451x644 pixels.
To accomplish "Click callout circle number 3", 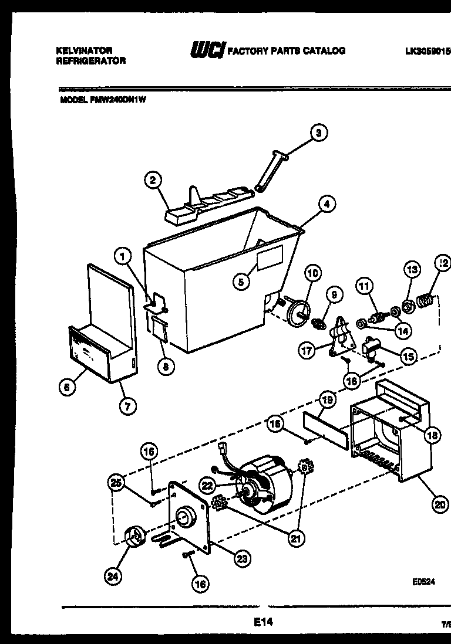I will (318, 133).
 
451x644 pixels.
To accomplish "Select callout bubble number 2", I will (153, 181).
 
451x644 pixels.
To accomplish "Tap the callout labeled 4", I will (327, 204).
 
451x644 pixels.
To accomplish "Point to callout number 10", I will (312, 273).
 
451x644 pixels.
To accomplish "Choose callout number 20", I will (439, 503).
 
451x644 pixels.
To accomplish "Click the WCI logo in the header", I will (207, 51).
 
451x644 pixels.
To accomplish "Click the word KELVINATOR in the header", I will (83, 51).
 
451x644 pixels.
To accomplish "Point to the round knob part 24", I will (134, 537).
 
